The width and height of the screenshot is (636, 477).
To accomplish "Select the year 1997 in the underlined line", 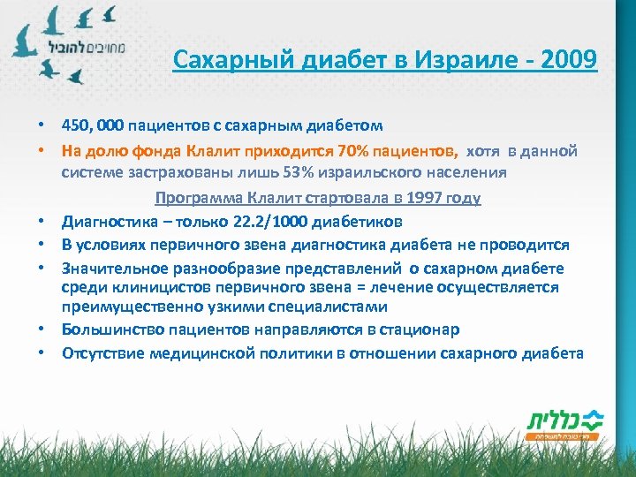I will point(411,198).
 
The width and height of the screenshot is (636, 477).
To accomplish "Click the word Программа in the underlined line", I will point(198,198).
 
